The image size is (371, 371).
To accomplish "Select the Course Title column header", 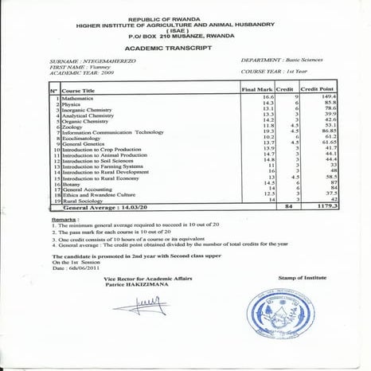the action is (77, 92).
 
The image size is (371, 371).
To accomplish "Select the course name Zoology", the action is (73, 127).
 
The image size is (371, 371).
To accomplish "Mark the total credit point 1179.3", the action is (325, 208).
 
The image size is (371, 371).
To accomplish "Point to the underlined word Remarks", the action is (64, 218).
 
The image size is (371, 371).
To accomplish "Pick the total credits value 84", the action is (289, 208).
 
